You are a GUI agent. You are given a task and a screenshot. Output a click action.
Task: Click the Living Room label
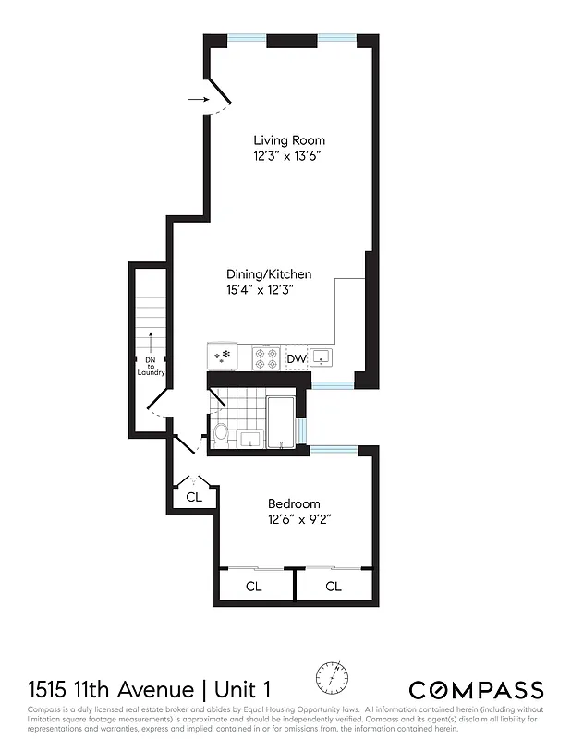point(289,140)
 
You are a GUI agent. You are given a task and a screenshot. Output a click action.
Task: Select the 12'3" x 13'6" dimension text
point(289,156)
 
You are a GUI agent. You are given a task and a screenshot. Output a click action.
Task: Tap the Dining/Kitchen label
point(269,274)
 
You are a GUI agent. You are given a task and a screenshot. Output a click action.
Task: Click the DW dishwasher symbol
point(296,358)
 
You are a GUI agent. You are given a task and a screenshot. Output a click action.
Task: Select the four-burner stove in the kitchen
point(265,357)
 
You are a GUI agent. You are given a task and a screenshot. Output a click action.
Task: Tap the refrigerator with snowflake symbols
point(223,357)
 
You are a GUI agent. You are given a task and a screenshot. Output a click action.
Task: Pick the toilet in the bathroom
point(221,434)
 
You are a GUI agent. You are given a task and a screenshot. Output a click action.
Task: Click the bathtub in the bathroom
point(281,422)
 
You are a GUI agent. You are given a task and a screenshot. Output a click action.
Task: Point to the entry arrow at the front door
point(196,98)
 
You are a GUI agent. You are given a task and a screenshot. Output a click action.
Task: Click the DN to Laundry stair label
point(150,367)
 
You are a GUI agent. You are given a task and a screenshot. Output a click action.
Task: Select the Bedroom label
point(294,503)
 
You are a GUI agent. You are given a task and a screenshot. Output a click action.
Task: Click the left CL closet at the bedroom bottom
point(253,587)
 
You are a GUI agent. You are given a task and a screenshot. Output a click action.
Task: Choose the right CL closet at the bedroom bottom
point(333,587)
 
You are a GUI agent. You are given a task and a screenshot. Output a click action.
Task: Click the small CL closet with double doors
point(193,496)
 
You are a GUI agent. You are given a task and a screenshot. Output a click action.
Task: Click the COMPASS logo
point(476,689)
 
